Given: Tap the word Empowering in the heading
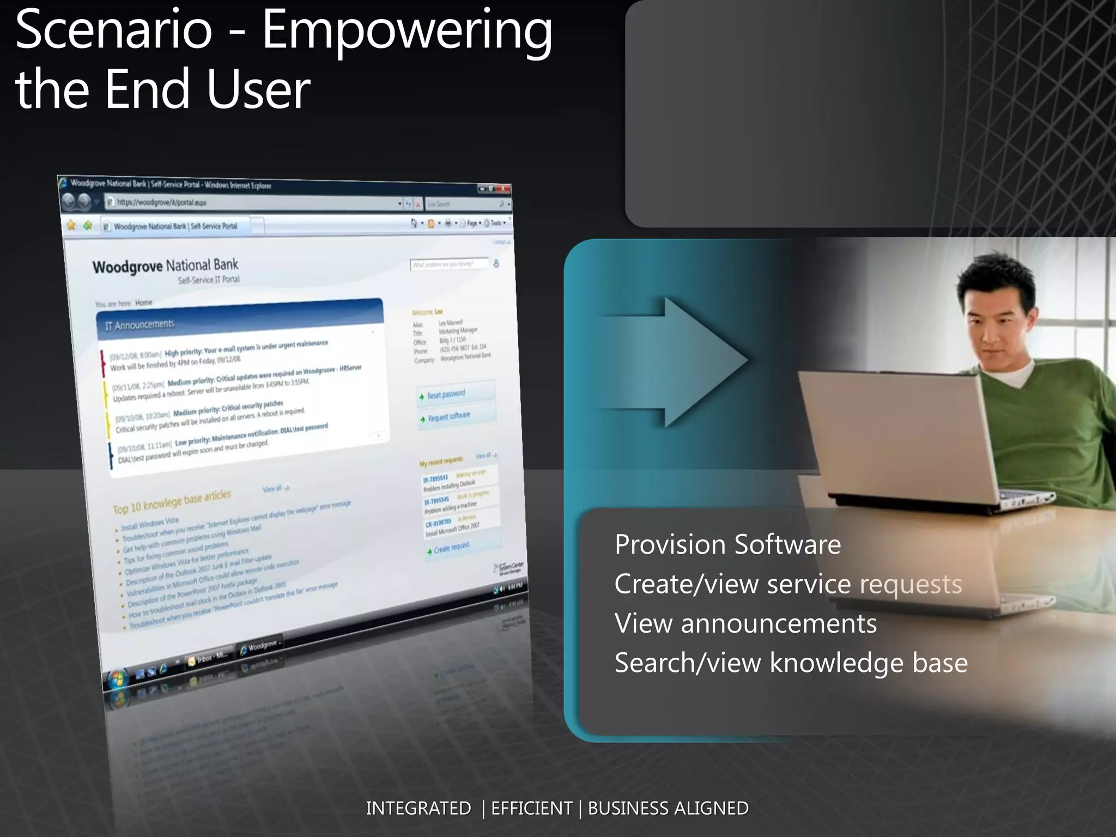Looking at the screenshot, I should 407,33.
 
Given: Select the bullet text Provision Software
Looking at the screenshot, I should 727,544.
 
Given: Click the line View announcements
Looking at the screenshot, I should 745,623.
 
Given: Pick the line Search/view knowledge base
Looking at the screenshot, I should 791,663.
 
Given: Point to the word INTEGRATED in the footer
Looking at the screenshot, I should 418,808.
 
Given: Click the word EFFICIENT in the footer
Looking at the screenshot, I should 531,808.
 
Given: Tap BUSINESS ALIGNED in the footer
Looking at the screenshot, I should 668,808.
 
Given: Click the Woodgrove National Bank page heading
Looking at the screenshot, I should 165,266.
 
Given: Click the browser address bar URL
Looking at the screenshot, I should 162,202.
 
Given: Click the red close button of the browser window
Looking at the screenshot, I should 504,189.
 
